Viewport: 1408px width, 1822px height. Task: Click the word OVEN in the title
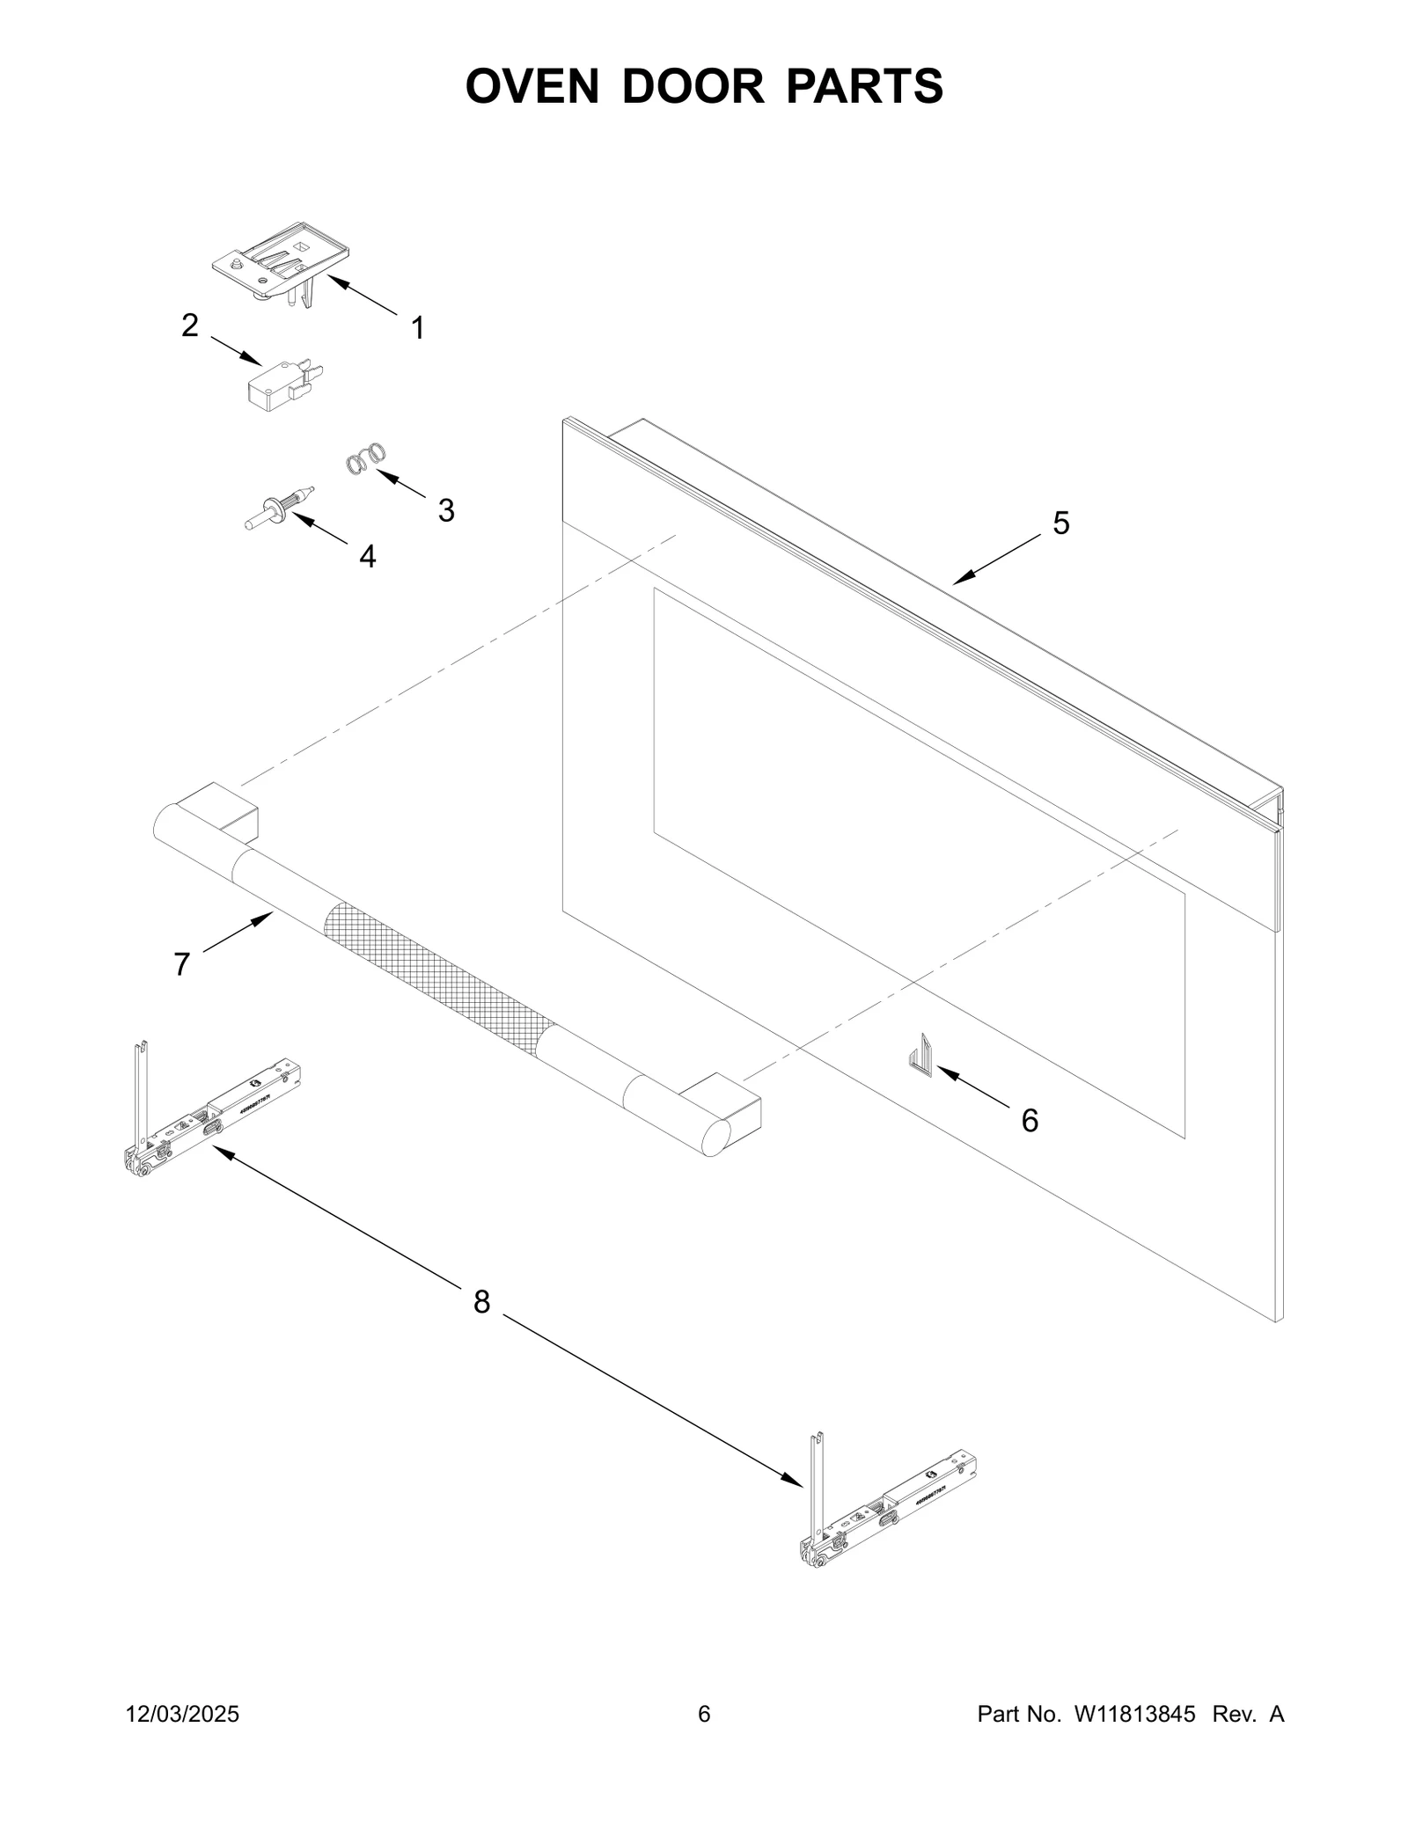[x=532, y=86]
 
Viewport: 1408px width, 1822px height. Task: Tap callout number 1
[x=418, y=329]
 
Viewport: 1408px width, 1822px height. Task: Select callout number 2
[x=190, y=326]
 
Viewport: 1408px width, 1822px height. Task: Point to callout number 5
[x=1061, y=523]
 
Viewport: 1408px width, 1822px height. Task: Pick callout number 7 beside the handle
[x=182, y=964]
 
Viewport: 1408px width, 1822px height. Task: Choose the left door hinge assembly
[x=211, y=1113]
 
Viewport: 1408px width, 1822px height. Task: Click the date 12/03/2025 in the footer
[x=183, y=1714]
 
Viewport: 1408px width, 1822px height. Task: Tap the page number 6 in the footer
[x=704, y=1714]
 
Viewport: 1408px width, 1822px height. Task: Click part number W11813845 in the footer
[x=1133, y=1714]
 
